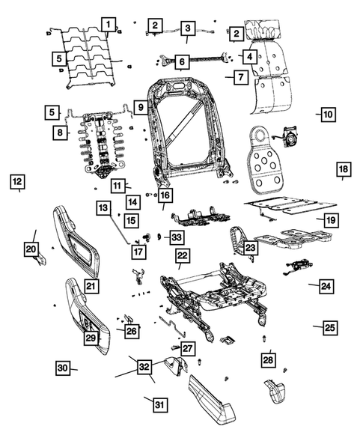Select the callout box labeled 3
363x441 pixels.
(186, 28)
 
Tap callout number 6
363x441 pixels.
(181, 63)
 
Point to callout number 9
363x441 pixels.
(140, 108)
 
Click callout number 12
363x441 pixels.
(16, 180)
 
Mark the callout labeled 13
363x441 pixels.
(103, 207)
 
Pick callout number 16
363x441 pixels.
(165, 196)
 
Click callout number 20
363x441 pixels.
(31, 249)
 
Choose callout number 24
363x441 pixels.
(326, 285)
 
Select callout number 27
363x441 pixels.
(187, 348)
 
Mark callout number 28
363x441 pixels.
(268, 360)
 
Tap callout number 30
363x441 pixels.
(62, 368)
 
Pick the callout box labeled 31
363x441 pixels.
(158, 405)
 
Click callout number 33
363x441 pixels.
(176, 237)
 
